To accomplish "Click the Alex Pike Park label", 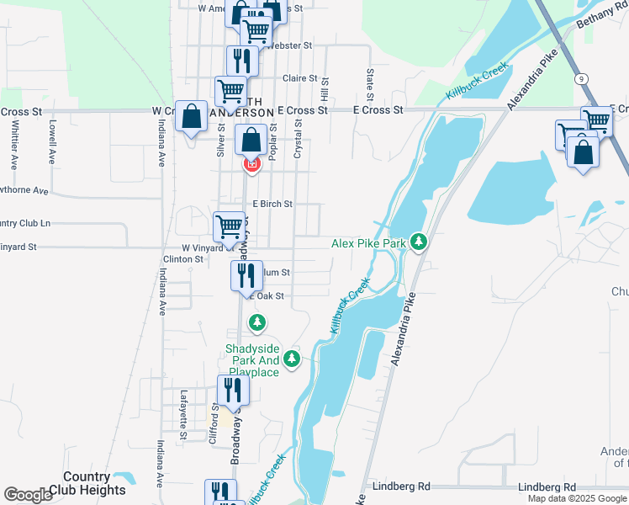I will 368,242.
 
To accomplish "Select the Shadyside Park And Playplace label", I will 251,360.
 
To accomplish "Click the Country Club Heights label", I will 87,483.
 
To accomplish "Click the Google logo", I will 28,495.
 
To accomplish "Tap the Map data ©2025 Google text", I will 576,498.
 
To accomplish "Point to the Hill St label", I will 324,85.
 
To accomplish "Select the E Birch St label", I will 272,204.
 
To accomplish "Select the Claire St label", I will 299,77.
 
